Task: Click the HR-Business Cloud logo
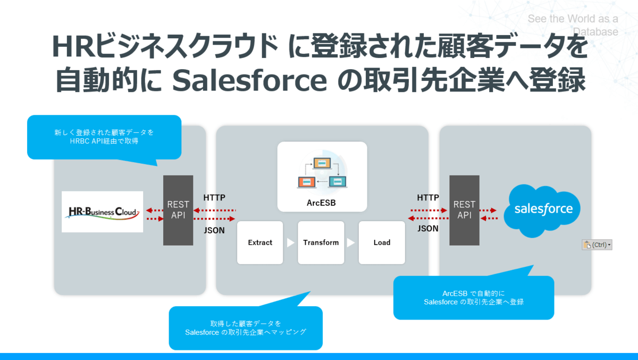coord(103,212)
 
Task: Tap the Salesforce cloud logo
coord(543,209)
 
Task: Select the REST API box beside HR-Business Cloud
coord(178,210)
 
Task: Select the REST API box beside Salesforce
coord(464,210)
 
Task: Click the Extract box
coord(260,242)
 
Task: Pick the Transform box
coord(321,242)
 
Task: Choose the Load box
coord(382,242)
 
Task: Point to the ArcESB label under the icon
coord(321,203)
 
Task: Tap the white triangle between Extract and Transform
coord(290,242)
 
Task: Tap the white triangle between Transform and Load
coord(351,242)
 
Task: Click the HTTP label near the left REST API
coord(214,198)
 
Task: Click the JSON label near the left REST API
coord(214,230)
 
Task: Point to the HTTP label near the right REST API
coord(428,198)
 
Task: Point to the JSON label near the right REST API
coord(428,229)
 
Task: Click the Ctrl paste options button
coord(597,245)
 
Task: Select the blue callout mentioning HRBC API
coord(104,137)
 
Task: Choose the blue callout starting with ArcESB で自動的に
coord(474,298)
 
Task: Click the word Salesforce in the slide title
coord(249,81)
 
